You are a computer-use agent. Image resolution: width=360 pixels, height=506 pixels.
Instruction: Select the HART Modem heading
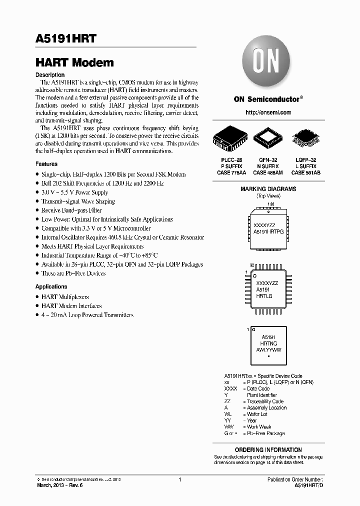pyautogui.click(x=74, y=63)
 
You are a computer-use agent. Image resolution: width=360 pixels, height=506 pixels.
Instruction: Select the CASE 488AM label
pyautogui.click(x=267, y=172)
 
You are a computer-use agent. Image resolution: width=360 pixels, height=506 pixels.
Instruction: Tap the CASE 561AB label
pyautogui.click(x=306, y=172)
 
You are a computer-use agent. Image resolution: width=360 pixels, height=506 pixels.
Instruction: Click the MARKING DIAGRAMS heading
pyautogui.click(x=268, y=189)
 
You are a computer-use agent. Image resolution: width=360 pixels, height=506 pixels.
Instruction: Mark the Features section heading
pyautogui.click(x=46, y=164)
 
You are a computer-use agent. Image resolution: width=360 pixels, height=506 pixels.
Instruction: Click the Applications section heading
pyautogui.click(x=51, y=286)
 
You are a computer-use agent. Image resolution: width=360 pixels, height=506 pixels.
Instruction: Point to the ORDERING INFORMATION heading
pyautogui.click(x=268, y=449)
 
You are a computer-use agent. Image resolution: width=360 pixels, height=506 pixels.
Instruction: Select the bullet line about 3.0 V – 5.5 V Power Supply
pyautogui.click(x=74, y=192)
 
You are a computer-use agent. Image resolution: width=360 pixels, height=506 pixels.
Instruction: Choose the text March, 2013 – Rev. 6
pyautogui.click(x=59, y=485)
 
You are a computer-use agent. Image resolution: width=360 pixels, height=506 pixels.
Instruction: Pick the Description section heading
pyautogui.click(x=50, y=75)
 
